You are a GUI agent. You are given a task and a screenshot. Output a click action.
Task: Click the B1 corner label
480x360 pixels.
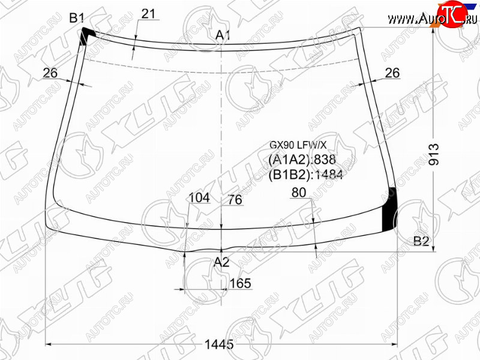pos(77,18)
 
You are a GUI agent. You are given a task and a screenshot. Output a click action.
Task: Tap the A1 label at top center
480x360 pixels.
pos(223,35)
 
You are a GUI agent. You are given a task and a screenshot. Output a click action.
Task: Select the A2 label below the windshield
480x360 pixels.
pos(221,262)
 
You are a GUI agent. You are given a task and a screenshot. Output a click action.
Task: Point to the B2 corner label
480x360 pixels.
pos(421,242)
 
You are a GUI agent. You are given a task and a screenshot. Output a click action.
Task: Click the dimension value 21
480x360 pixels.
pos(148,14)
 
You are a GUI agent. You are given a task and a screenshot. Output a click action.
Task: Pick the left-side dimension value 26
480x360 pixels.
pos(50,73)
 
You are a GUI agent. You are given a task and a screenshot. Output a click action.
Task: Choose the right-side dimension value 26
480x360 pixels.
pos(392,73)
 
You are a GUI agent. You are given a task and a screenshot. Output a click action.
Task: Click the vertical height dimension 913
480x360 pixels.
pos(433,154)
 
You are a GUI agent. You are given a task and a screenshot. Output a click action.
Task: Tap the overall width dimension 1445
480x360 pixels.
pos(219,344)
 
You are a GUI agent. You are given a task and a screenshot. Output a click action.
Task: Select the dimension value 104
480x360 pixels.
pos(199,198)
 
